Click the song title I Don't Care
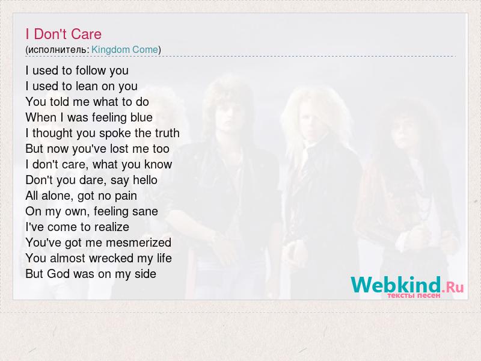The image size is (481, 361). [64, 34]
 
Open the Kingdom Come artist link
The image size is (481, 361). [124, 49]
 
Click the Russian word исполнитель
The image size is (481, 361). [58, 50]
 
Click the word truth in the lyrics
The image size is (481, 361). [167, 133]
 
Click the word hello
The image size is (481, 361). [145, 180]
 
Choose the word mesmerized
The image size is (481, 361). [138, 242]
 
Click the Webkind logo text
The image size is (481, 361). [396, 285]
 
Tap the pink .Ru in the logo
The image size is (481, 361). [453, 288]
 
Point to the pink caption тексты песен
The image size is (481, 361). [414, 295]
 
